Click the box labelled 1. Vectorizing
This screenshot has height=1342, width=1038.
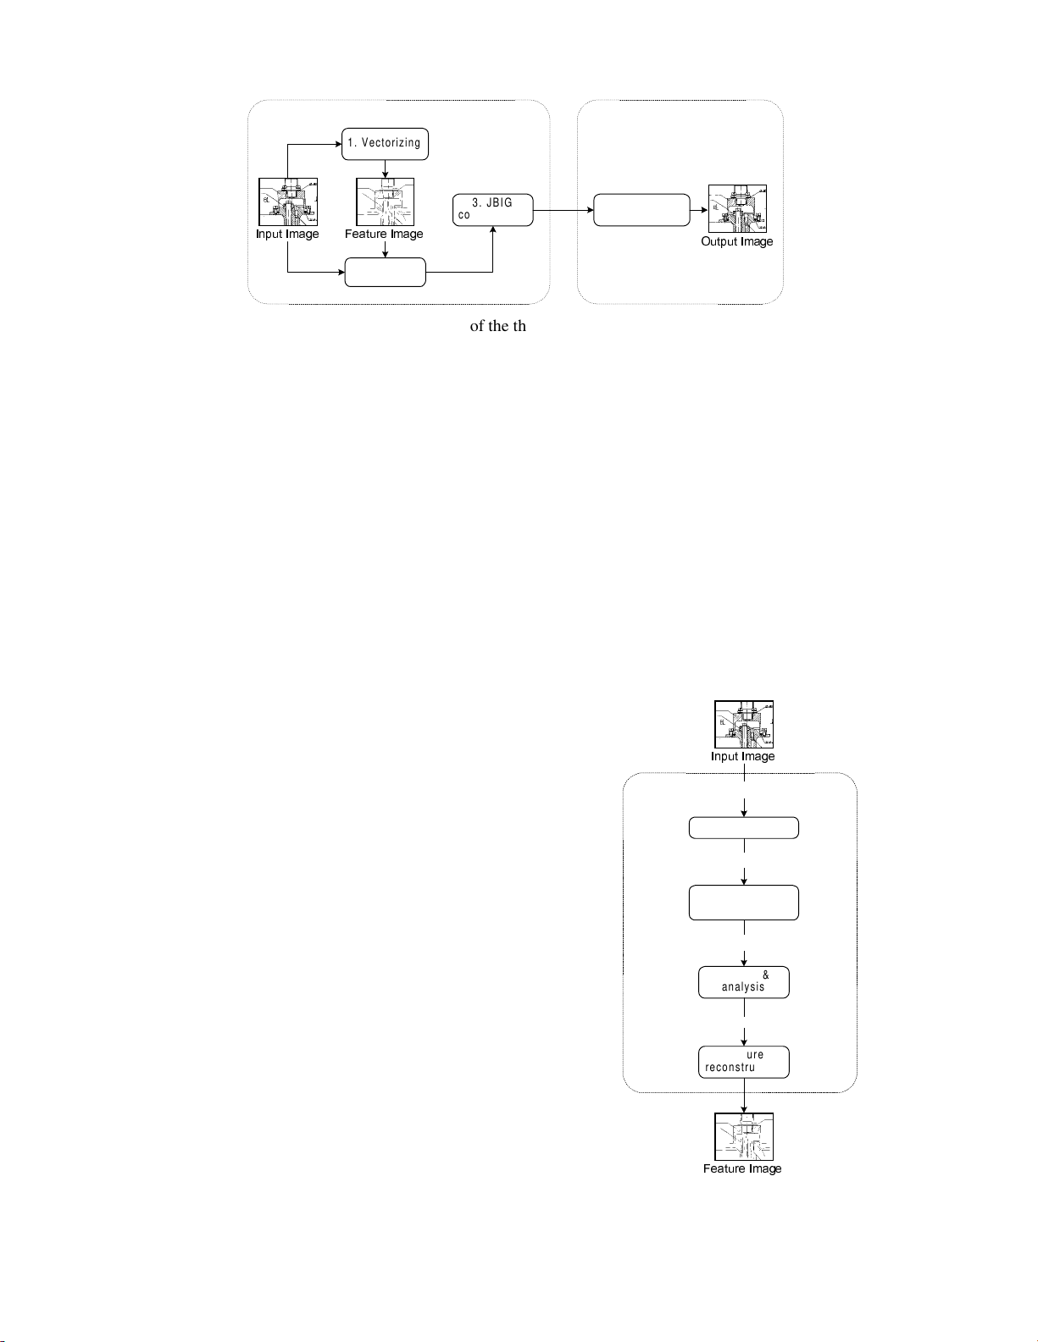tap(385, 143)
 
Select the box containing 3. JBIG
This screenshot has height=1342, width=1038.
tap(492, 209)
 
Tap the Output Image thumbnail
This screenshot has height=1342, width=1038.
tap(737, 208)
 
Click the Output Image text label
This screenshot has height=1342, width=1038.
tap(737, 242)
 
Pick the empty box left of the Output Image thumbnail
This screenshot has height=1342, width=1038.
tap(641, 209)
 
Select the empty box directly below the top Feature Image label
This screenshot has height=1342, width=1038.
tap(386, 273)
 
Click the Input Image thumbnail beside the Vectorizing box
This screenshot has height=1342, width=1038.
tap(288, 202)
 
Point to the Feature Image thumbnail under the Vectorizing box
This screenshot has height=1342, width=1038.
tap(386, 202)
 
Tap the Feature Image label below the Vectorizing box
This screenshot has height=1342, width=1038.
tap(384, 235)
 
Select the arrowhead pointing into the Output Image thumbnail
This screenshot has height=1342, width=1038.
tap(704, 209)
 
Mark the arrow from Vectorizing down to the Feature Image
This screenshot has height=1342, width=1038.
tap(386, 168)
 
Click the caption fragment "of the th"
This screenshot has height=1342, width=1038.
tap(498, 326)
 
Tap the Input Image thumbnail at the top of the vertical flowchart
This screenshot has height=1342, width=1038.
tap(744, 724)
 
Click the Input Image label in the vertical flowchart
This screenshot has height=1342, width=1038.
tap(743, 757)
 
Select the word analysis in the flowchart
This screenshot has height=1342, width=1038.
tap(743, 987)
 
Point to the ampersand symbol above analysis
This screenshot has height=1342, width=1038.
tap(766, 975)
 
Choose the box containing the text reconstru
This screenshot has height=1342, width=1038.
tap(743, 1062)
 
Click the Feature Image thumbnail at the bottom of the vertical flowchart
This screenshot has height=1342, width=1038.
tap(744, 1136)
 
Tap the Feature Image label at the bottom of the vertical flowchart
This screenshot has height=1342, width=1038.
tap(742, 1169)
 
